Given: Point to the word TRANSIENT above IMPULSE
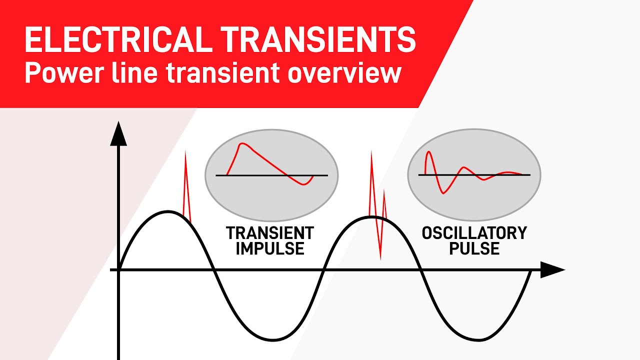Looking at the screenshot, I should coord(270,233).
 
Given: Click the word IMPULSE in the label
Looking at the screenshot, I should coord(270,248).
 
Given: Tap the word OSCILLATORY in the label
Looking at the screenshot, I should coord(474,233).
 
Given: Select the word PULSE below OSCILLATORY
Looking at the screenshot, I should coord(474,248).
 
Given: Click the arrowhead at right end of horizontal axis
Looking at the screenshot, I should coord(552,270).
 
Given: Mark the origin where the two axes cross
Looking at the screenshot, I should coord(118,270).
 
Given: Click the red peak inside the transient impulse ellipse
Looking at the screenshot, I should coord(242,144).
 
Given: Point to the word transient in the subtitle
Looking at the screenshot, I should coord(222,73).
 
